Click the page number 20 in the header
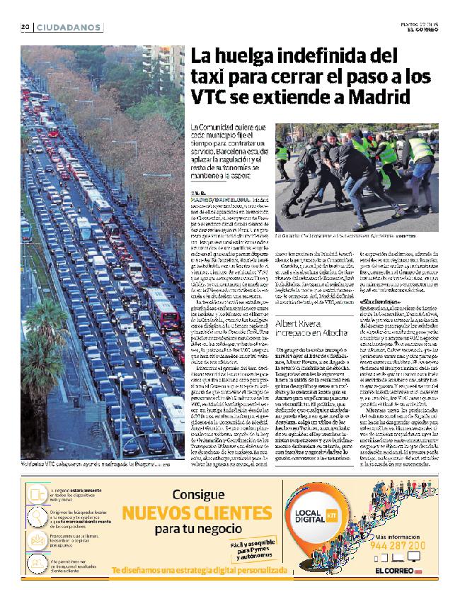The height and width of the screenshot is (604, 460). pyautogui.click(x=23, y=28)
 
